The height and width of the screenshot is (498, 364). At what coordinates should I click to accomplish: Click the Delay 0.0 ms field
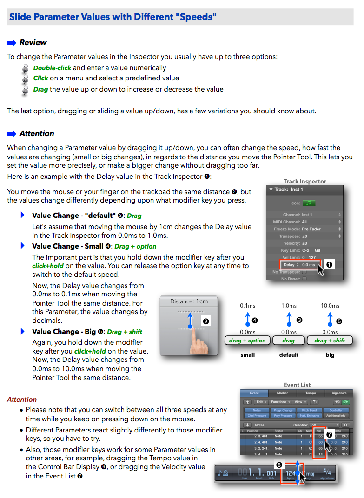pyautogui.click(x=299, y=265)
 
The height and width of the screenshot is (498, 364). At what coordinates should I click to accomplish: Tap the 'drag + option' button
pyautogui.click(x=247, y=341)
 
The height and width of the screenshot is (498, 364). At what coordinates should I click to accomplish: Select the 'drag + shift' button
pyautogui.click(x=330, y=341)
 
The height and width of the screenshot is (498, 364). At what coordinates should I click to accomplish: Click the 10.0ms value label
pyautogui.click(x=330, y=306)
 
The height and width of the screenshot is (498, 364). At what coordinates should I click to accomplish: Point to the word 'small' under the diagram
pyautogui.click(x=247, y=355)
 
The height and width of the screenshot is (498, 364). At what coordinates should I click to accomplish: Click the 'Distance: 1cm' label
pyautogui.click(x=189, y=301)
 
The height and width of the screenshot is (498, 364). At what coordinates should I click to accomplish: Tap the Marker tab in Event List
pyautogui.click(x=283, y=393)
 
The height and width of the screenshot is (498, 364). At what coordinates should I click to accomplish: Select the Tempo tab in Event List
pyautogui.click(x=311, y=393)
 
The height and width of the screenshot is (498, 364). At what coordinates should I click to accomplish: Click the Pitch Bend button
pyautogui.click(x=309, y=410)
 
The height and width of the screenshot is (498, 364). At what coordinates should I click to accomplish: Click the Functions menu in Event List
pyautogui.click(x=280, y=402)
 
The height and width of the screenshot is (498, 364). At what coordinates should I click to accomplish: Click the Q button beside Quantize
pyautogui.click(x=345, y=425)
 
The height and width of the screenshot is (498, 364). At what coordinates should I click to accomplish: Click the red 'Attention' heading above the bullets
pyautogui.click(x=22, y=400)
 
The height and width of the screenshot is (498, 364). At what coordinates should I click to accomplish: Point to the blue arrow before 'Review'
pyautogui.click(x=12, y=43)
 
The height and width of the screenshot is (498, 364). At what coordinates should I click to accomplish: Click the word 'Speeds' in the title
pyautogui.click(x=195, y=18)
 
